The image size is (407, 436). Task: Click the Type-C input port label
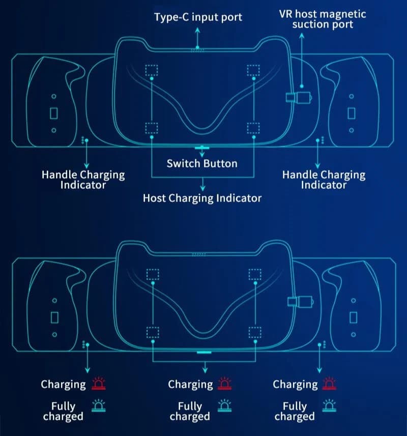pyautogui.click(x=198, y=17)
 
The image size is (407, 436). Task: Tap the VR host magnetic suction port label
pyautogui.click(x=323, y=19)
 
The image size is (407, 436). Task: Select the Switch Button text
pyautogui.click(x=202, y=163)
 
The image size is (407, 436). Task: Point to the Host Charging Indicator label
pyautogui.click(x=202, y=198)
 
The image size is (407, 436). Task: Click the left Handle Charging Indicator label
pyautogui.click(x=83, y=180)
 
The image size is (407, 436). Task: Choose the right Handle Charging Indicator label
pyautogui.click(x=324, y=180)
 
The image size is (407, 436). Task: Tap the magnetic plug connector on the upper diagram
pyautogui.click(x=299, y=98)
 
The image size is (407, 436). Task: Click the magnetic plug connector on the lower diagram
pyautogui.click(x=301, y=302)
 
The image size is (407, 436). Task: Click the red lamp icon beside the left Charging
pyautogui.click(x=99, y=384)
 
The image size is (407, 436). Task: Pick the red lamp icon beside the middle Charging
pyautogui.click(x=225, y=384)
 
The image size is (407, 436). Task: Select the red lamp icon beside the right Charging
pyautogui.click(x=329, y=384)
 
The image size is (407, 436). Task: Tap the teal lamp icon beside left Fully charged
pyautogui.click(x=99, y=405)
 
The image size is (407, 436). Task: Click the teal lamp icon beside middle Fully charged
pyautogui.click(x=225, y=405)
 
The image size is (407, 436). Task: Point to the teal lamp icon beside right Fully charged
pyautogui.click(x=329, y=405)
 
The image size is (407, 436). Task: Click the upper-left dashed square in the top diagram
pyautogui.click(x=152, y=70)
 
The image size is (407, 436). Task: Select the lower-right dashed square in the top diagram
pyautogui.click(x=253, y=128)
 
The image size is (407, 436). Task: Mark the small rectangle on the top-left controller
pyautogui.click(x=53, y=113)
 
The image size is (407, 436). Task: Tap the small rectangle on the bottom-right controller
pyautogui.click(x=354, y=317)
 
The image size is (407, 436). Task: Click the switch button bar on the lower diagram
pyautogui.click(x=204, y=352)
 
